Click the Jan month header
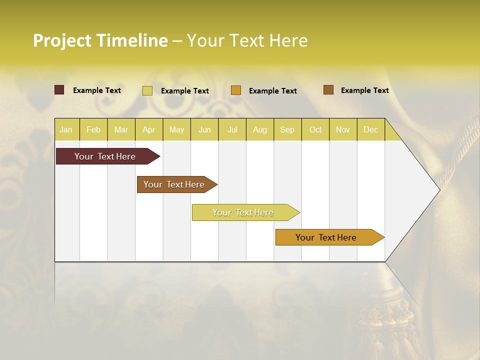coord(66,129)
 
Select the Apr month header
coord(148,129)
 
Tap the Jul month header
coord(232,129)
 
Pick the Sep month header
coord(287,129)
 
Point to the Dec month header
coord(370,129)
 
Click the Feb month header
coord(93,129)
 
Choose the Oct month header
coord(315,129)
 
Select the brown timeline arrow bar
coord(175,184)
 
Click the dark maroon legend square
coord(59,90)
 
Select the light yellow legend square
coord(147,90)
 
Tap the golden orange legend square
coord(236,90)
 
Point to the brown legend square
coord(328,89)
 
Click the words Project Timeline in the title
coord(100,40)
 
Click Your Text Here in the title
coord(247,40)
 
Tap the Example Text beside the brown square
coord(364,90)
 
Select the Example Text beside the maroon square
coord(96,90)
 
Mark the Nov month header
coord(343,129)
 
